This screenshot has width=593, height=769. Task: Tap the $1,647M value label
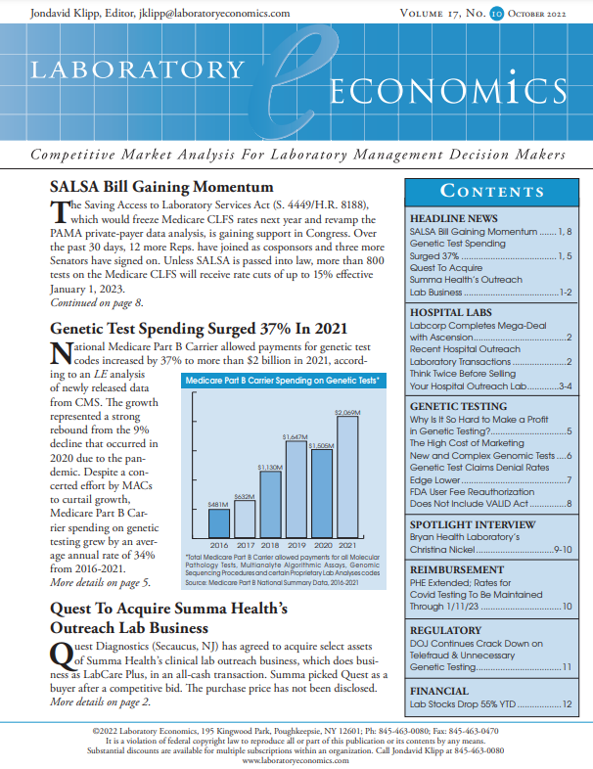point(296,435)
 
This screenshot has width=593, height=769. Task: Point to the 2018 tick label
point(271,545)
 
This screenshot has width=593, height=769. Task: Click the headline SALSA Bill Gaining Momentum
point(161,187)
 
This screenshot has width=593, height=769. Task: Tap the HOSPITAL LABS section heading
point(450,312)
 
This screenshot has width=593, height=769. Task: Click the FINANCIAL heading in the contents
point(439,690)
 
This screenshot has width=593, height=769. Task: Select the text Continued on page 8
point(96,303)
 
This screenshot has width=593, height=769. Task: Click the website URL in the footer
point(296,759)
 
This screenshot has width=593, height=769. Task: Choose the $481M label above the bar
point(218,503)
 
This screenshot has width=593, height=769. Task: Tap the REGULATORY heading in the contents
point(446,629)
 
